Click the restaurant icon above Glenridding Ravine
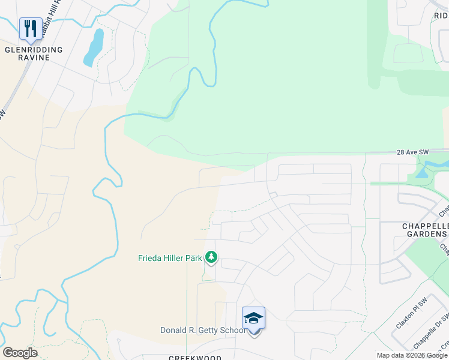(30, 28)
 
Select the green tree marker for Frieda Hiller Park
(211, 257)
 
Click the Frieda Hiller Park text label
(170, 258)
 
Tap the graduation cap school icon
(253, 317)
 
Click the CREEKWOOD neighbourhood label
(194, 358)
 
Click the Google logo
(20, 352)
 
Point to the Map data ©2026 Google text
(412, 355)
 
